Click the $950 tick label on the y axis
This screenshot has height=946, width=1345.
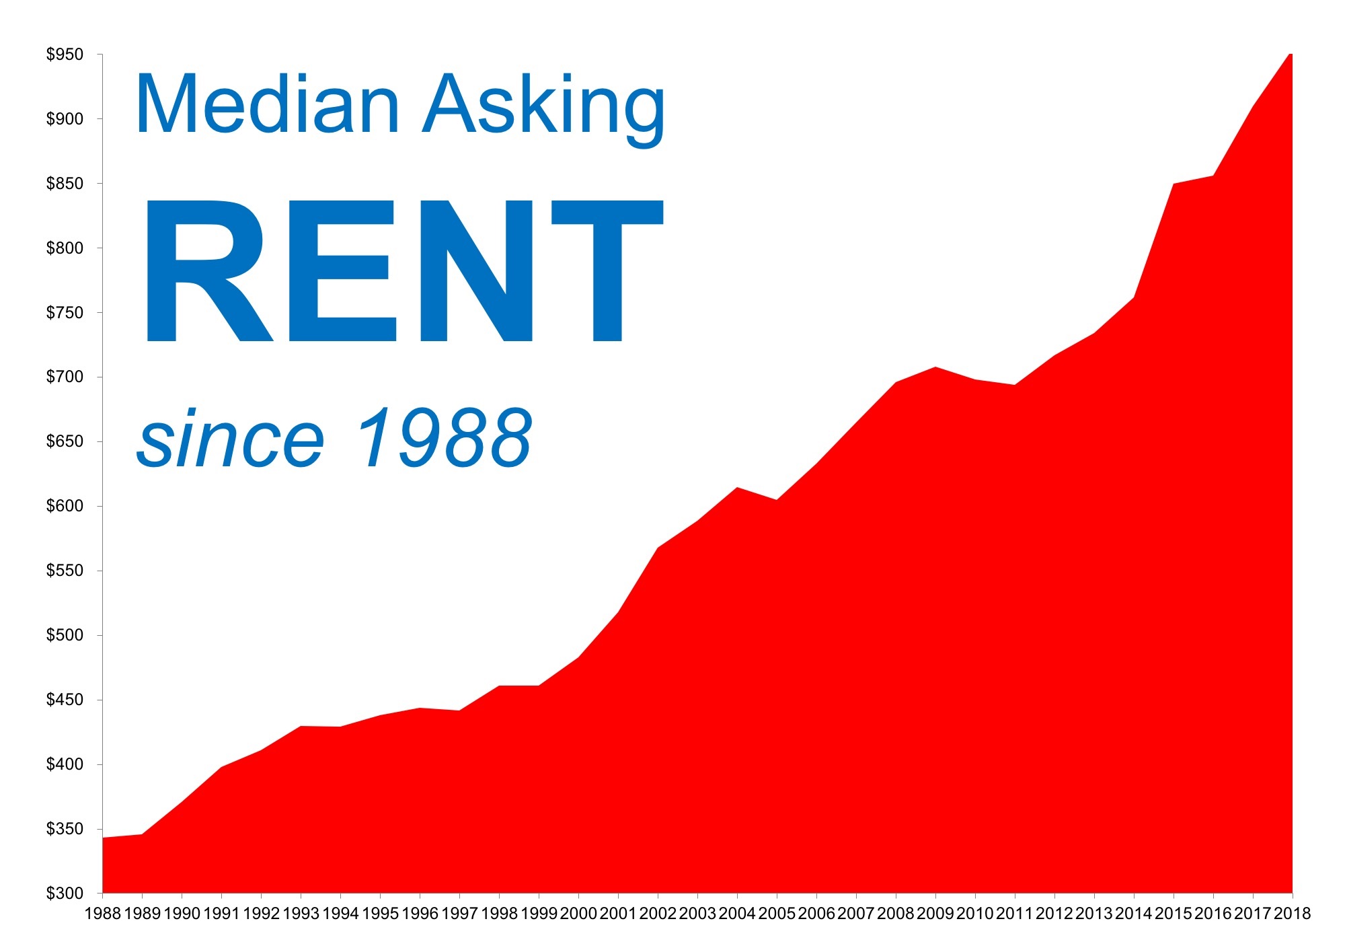[65, 54]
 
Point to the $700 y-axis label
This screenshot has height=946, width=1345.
[65, 377]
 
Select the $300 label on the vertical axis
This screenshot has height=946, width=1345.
[65, 894]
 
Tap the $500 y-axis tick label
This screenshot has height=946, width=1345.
[65, 635]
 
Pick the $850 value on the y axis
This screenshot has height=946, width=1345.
[65, 184]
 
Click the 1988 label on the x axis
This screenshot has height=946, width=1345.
[103, 913]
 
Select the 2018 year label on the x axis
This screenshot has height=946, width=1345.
[1293, 913]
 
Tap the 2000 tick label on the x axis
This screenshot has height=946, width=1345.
[578, 913]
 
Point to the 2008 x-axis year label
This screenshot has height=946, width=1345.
[896, 913]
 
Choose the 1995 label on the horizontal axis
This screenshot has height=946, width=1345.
[381, 913]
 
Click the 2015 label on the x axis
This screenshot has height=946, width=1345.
[1174, 913]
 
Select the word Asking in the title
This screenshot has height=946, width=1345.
[543, 109]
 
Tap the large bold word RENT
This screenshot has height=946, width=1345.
[404, 271]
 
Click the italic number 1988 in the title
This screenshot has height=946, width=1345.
[444, 437]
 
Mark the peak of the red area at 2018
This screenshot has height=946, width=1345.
[1290, 54]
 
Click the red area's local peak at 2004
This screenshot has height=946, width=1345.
[738, 488]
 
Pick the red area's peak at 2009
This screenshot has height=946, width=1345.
[935, 367]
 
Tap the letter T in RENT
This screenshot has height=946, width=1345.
[607, 271]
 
